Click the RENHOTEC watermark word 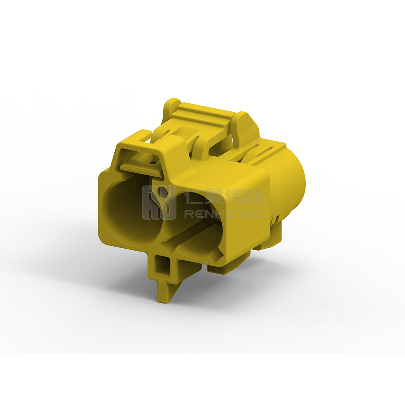(x=224, y=213)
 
